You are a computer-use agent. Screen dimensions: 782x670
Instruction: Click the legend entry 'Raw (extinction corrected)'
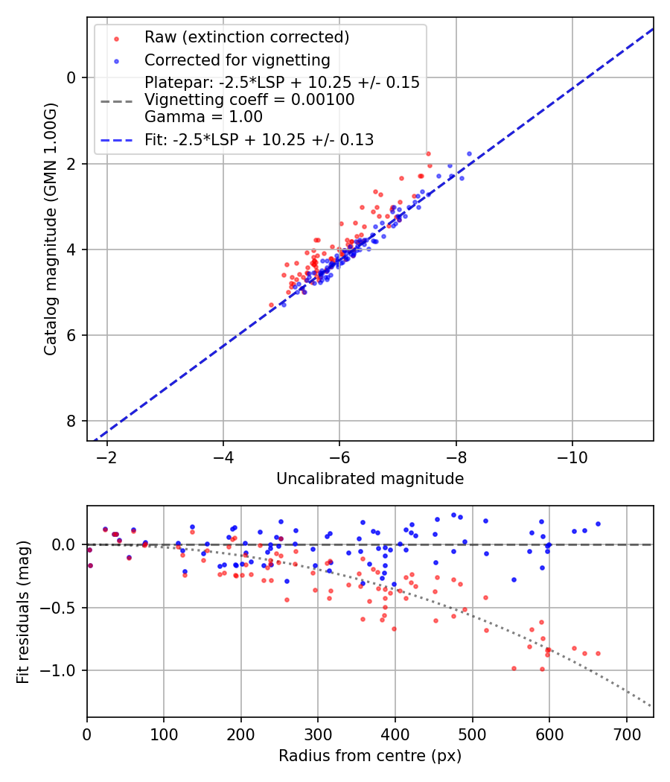point(246,37)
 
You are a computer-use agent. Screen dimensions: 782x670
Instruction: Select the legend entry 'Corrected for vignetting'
point(237,60)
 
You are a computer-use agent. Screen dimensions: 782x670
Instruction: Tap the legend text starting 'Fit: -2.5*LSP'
point(259,139)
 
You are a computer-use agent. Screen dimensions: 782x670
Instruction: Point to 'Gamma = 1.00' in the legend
point(203,116)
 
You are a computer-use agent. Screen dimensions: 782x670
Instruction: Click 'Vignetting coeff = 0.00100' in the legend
point(249,100)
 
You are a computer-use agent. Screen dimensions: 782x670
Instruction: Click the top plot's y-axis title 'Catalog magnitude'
point(50,229)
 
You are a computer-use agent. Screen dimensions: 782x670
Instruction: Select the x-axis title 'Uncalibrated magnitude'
point(370,479)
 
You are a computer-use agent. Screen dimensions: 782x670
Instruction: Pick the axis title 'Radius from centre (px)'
point(370,756)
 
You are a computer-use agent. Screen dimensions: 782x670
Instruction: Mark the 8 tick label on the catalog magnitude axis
point(72,422)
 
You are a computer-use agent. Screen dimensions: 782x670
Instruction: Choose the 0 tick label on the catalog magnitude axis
point(72,77)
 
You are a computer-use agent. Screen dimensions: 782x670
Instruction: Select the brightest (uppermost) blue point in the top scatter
point(469,153)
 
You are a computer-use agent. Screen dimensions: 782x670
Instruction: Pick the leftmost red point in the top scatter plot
point(272,305)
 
